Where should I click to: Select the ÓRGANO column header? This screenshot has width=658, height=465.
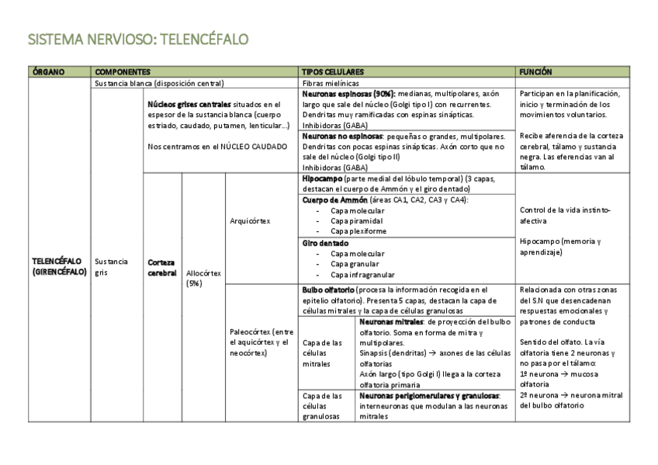pos(49,72)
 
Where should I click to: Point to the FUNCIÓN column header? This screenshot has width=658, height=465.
pos(536,72)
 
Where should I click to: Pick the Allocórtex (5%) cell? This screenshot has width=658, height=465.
pos(203,278)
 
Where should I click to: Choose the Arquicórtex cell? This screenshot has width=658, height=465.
pos(250,221)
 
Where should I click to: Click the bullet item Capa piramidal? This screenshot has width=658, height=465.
pos(356,220)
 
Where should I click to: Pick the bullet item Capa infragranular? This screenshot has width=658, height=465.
pos(362,274)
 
